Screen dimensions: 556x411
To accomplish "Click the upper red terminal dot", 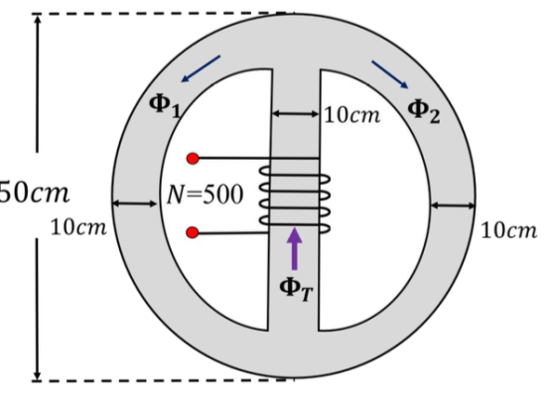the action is [x=193, y=159].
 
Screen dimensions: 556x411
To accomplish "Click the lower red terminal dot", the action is [x=193, y=232].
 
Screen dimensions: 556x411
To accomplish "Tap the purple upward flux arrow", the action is [x=294, y=248].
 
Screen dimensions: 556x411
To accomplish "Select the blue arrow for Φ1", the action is [x=201, y=68].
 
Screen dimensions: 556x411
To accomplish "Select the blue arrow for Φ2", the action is [x=389, y=74].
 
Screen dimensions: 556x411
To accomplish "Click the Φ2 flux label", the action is [x=424, y=111].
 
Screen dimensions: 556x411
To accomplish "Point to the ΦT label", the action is [x=296, y=289].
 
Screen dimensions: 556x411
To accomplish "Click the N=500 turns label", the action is [x=205, y=195].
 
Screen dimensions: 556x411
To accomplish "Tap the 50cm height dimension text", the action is [x=34, y=194].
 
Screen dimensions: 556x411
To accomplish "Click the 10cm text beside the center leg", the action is [x=352, y=115].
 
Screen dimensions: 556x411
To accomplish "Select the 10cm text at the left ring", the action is [x=78, y=227].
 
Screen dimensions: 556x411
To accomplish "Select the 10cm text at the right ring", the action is [x=508, y=231].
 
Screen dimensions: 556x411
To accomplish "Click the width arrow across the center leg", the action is [x=296, y=114].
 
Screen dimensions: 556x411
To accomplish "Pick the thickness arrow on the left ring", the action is [x=135, y=204].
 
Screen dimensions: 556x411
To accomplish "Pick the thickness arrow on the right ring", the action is [x=453, y=205].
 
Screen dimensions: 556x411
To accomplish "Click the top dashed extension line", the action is [x=163, y=14].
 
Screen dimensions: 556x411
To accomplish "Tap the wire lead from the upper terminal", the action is [x=259, y=158].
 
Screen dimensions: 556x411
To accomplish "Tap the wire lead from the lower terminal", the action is [x=233, y=233].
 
